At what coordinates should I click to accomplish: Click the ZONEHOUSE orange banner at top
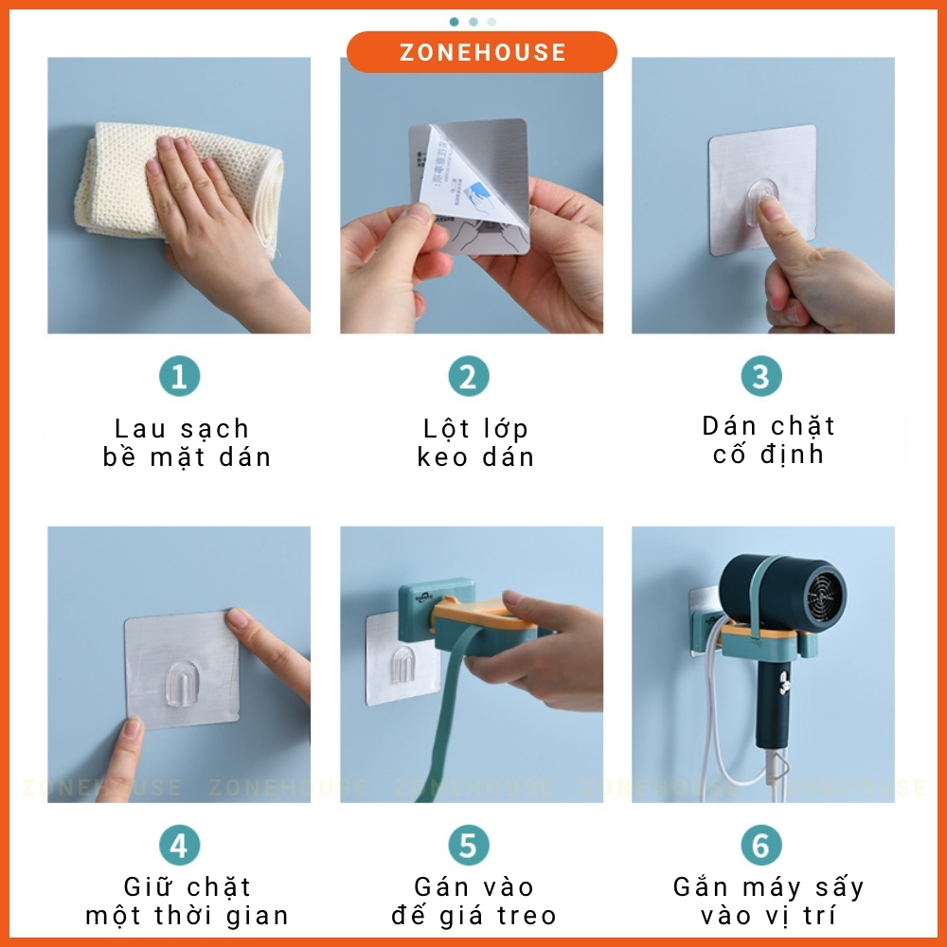482,52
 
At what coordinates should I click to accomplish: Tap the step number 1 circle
179,377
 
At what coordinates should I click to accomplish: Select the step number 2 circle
468,377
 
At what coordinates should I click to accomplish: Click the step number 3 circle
760,377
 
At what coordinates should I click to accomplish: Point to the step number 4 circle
179,844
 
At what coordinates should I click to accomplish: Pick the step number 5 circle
468,844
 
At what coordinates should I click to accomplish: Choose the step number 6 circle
760,844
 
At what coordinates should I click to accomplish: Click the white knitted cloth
123,180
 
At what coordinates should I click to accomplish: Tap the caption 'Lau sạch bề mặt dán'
187,443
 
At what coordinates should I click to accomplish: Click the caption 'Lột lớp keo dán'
475,443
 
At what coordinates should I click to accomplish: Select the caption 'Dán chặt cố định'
768,440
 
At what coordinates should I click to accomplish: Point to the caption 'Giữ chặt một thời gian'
187,902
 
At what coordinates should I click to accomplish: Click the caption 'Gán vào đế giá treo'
474,902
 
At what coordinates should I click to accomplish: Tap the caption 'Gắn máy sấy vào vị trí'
768,902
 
